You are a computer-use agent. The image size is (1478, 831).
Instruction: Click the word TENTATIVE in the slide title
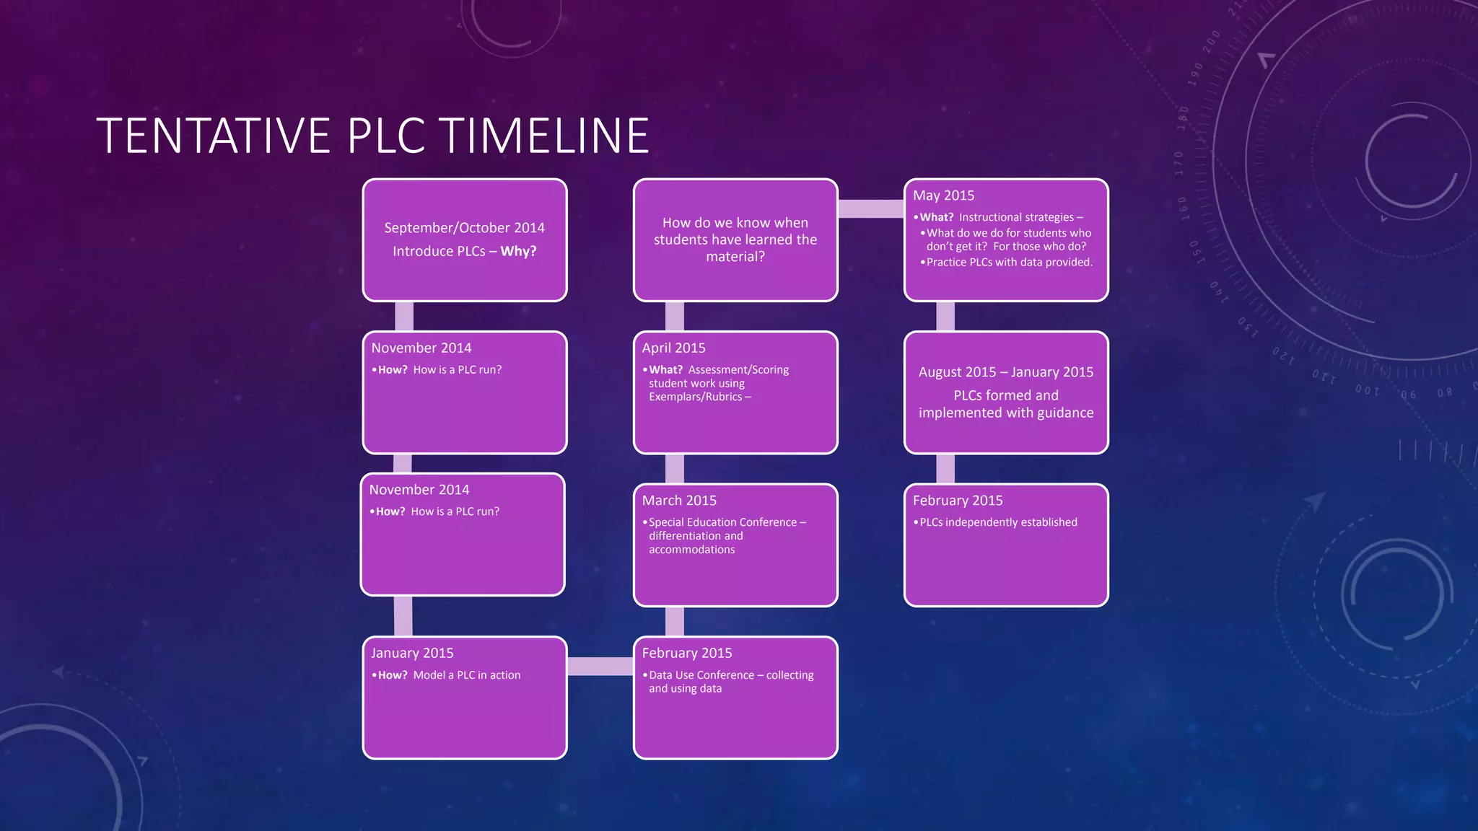click(213, 136)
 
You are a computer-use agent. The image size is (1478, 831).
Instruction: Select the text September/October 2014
click(464, 228)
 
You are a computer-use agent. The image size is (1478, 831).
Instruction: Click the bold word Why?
click(518, 252)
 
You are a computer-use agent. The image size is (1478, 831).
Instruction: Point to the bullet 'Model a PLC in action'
click(466, 675)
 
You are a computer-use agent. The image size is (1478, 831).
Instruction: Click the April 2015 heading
click(673, 348)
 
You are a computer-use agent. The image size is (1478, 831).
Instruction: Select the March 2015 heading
click(679, 501)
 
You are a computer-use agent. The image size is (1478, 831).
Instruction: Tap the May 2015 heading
click(943, 195)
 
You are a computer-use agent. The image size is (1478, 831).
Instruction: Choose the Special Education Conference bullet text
click(727, 535)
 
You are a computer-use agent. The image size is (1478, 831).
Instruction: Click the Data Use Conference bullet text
click(730, 682)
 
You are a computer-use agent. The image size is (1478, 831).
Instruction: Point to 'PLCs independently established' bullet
click(998, 522)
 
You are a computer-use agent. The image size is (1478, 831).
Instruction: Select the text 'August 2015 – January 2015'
click(1006, 372)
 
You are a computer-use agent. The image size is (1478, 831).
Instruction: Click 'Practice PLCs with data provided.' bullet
click(1009, 262)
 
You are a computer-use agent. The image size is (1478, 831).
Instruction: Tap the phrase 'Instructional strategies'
click(1016, 217)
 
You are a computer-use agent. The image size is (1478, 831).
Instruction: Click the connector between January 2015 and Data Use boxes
click(600, 666)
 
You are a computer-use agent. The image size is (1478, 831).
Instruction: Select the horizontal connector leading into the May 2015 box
click(870, 208)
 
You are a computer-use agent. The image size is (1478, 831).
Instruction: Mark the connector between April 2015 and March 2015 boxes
click(674, 469)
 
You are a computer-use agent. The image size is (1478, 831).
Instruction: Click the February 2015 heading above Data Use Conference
click(686, 653)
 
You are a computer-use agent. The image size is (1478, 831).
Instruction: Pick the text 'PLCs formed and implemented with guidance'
click(1006, 404)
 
